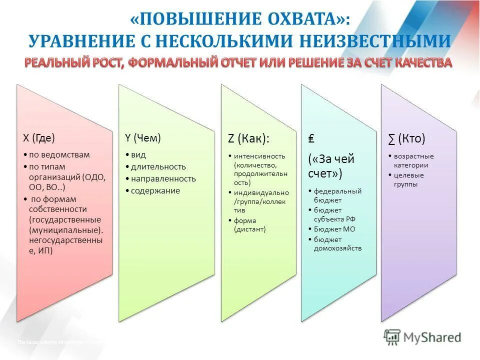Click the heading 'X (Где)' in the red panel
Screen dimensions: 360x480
pyautogui.click(x=39, y=138)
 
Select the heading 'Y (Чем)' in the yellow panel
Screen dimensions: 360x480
pyautogui.click(x=142, y=138)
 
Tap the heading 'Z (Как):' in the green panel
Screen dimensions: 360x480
pyautogui.click(x=248, y=138)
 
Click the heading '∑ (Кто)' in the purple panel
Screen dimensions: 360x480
pyautogui.click(x=407, y=138)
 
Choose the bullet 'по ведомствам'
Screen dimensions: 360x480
pyautogui.click(x=59, y=154)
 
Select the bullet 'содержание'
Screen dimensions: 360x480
pyautogui.click(x=155, y=190)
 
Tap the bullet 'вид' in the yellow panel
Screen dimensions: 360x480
pyautogui.click(x=138, y=154)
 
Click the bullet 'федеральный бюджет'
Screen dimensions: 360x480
pyautogui.click(x=337, y=195)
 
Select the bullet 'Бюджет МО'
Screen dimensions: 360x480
pyautogui.click(x=334, y=228)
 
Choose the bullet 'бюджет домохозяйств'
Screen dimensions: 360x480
pyautogui.click(x=337, y=243)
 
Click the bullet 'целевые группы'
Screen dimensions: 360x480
pyautogui.click(x=409, y=179)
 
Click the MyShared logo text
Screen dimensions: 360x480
pyautogui.click(x=432, y=337)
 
